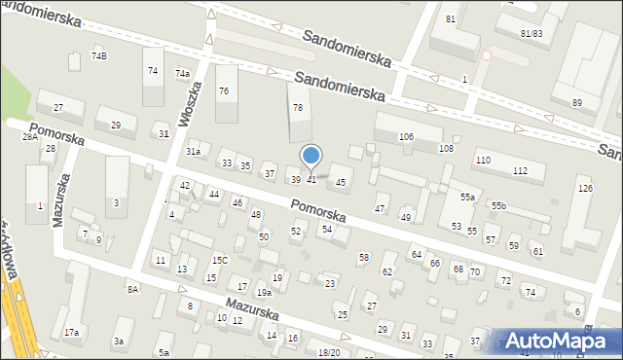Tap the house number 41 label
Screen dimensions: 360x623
[x=311, y=180]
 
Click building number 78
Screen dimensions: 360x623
[x=298, y=108]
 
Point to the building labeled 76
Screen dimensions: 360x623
[x=224, y=91]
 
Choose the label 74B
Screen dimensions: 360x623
[x=99, y=56]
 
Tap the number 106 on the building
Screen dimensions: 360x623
[x=406, y=137]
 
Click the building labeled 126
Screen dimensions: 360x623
[x=585, y=188]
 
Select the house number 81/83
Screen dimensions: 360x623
[x=531, y=34]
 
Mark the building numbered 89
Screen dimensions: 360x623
[x=577, y=103]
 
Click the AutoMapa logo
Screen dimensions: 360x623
[x=559, y=340]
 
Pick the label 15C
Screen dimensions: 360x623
[x=220, y=261]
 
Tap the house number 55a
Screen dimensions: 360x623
[x=468, y=198]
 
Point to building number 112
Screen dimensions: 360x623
[x=521, y=171]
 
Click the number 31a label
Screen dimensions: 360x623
[x=194, y=152]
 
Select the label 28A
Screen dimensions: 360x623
[x=30, y=137]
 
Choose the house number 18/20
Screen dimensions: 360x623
[x=330, y=352]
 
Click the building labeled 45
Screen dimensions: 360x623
[x=341, y=182]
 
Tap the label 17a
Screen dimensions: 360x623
[x=72, y=333]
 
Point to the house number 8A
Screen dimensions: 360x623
[x=132, y=289]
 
